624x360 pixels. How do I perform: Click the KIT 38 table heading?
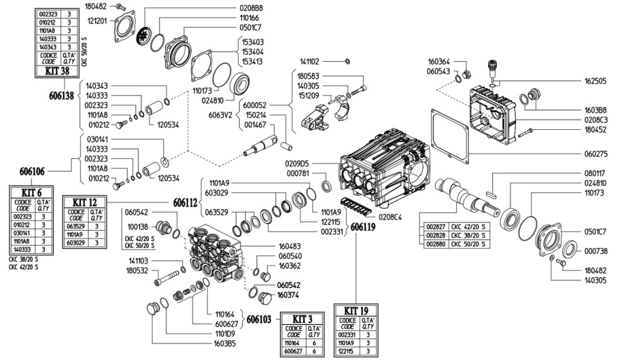pos(57,71)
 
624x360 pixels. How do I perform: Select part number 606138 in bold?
pos(61,96)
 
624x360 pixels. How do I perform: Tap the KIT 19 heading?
pos(356,310)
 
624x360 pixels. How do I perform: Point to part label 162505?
pos(595,81)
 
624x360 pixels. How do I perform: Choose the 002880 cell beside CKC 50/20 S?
pos(436,244)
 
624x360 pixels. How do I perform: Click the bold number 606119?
pos(363,227)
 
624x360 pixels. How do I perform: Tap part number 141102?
pos(309,62)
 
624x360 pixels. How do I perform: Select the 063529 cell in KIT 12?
pos(76,226)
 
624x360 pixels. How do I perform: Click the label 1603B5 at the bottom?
pos(225,343)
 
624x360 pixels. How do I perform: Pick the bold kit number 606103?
pos(259,319)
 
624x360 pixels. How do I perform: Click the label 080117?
pos(595,174)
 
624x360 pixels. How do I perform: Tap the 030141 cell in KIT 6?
pos(23,233)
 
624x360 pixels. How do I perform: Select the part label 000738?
pos(595,251)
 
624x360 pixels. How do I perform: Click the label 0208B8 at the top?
pos(251,8)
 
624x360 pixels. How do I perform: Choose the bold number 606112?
pos(185,203)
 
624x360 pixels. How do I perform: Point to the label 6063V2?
pos(221,115)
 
